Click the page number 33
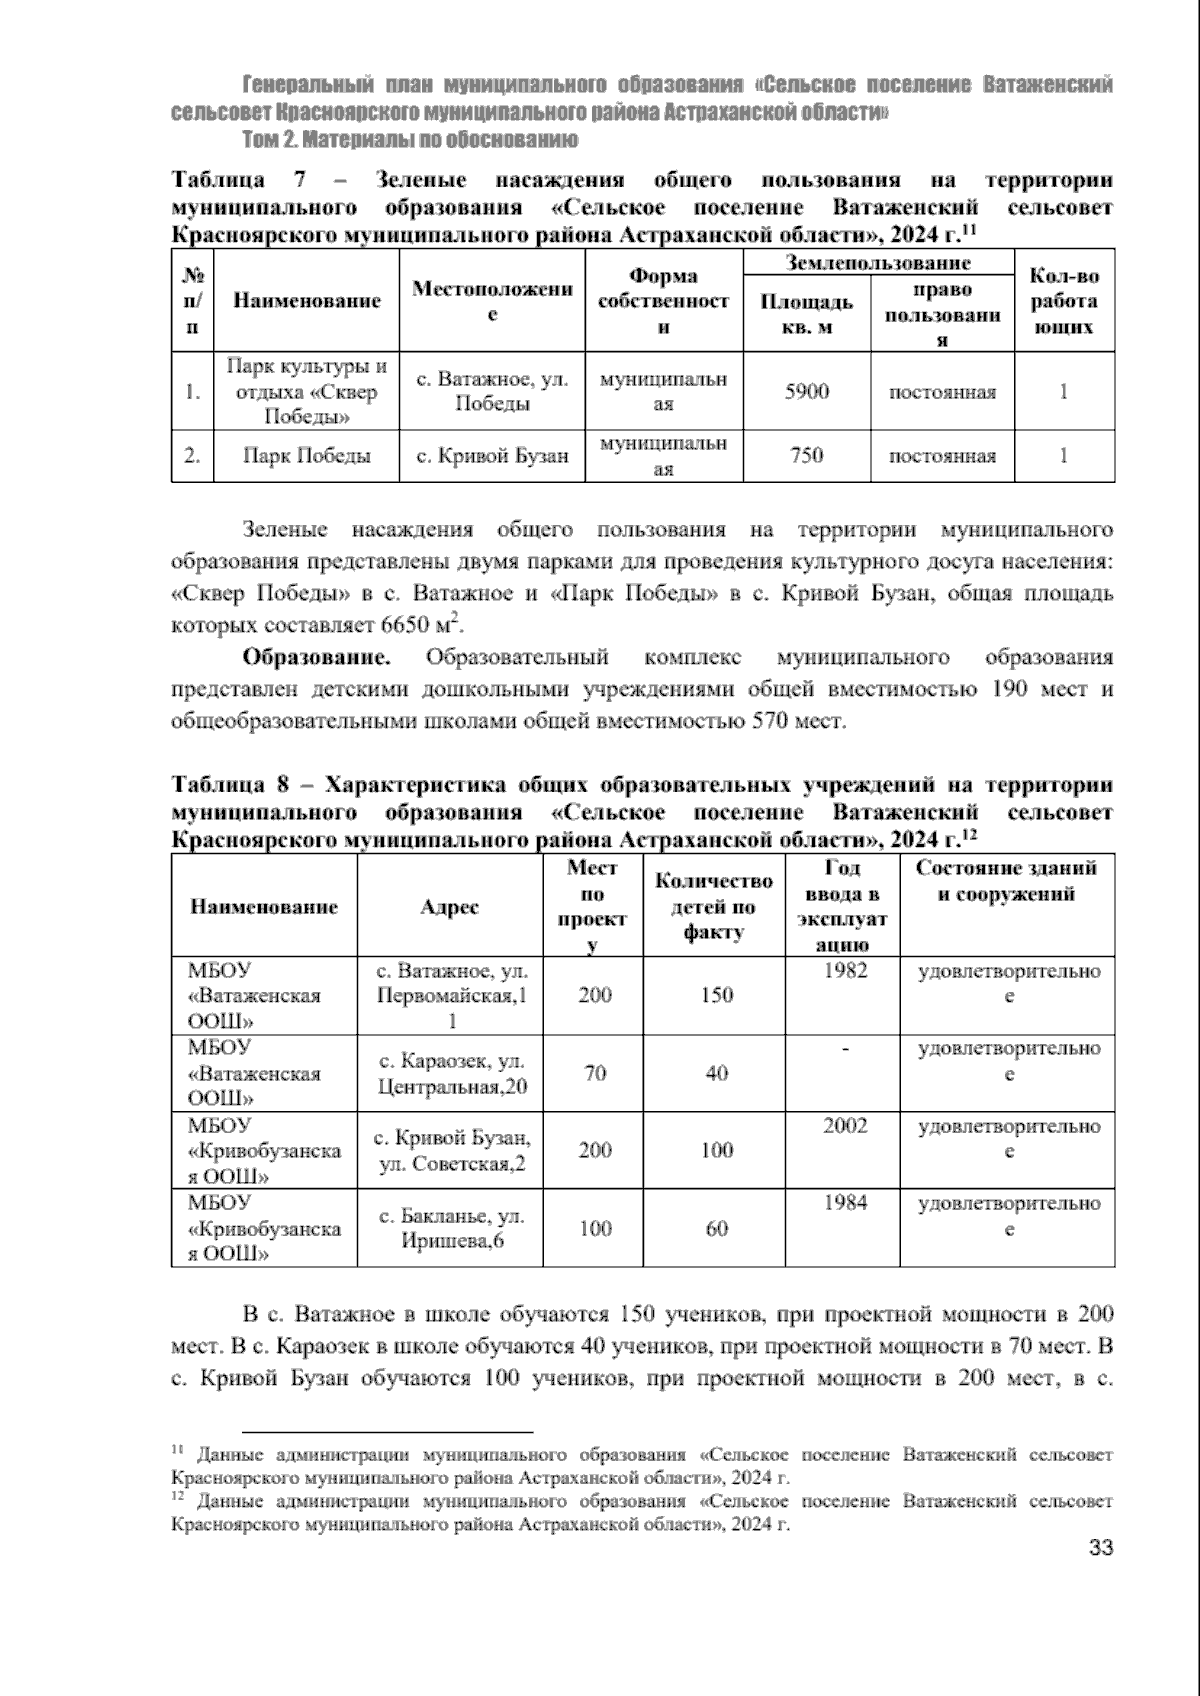pyautogui.click(x=1100, y=1577)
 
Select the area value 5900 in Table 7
pyautogui.click(x=806, y=392)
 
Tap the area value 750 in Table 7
pyautogui.click(x=806, y=456)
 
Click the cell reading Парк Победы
pyautogui.click(x=307, y=456)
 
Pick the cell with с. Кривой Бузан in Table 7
pyautogui.click(x=492, y=456)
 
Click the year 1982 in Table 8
pyautogui.click(x=845, y=970)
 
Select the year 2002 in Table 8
pyautogui.click(x=845, y=1126)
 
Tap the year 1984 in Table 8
pyautogui.click(x=845, y=1203)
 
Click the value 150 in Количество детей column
pyautogui.click(x=717, y=995)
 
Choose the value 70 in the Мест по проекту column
pyautogui.click(x=595, y=1073)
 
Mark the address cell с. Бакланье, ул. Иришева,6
pyautogui.click(x=452, y=1228)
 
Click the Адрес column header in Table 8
pyautogui.click(x=449, y=907)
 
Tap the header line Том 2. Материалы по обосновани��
pyautogui.click(x=410, y=138)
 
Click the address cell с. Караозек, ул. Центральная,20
pyautogui.click(x=452, y=1073)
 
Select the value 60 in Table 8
pyautogui.click(x=717, y=1229)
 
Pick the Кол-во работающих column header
pyautogui.click(x=1063, y=301)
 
